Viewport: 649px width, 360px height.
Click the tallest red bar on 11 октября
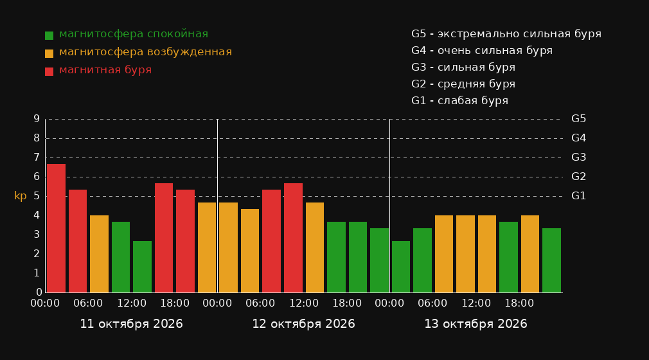(x=57, y=228)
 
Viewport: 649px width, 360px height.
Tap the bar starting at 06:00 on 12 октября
(x=272, y=241)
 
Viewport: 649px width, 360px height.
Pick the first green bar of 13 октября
(x=401, y=267)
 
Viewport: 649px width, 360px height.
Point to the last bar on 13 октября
(x=551, y=260)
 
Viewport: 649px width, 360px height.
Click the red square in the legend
(x=49, y=71)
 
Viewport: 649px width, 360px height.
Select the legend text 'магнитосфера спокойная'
(x=134, y=34)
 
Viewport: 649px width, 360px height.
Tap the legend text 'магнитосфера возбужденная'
(x=145, y=52)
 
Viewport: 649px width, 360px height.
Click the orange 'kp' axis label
(x=21, y=196)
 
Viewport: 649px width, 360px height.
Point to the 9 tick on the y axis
(x=37, y=119)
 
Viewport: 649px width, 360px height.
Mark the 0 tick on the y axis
(x=39, y=292)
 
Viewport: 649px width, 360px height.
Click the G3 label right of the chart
(x=578, y=157)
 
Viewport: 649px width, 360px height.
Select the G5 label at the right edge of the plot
(x=578, y=119)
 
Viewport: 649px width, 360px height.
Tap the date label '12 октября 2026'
(x=303, y=324)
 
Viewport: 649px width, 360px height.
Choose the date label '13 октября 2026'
(x=476, y=324)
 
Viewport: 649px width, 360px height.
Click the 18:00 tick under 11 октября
(x=175, y=303)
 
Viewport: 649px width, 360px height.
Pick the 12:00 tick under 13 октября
(x=476, y=303)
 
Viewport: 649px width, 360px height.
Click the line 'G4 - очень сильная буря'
(x=482, y=51)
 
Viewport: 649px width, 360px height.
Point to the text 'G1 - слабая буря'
(x=459, y=101)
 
